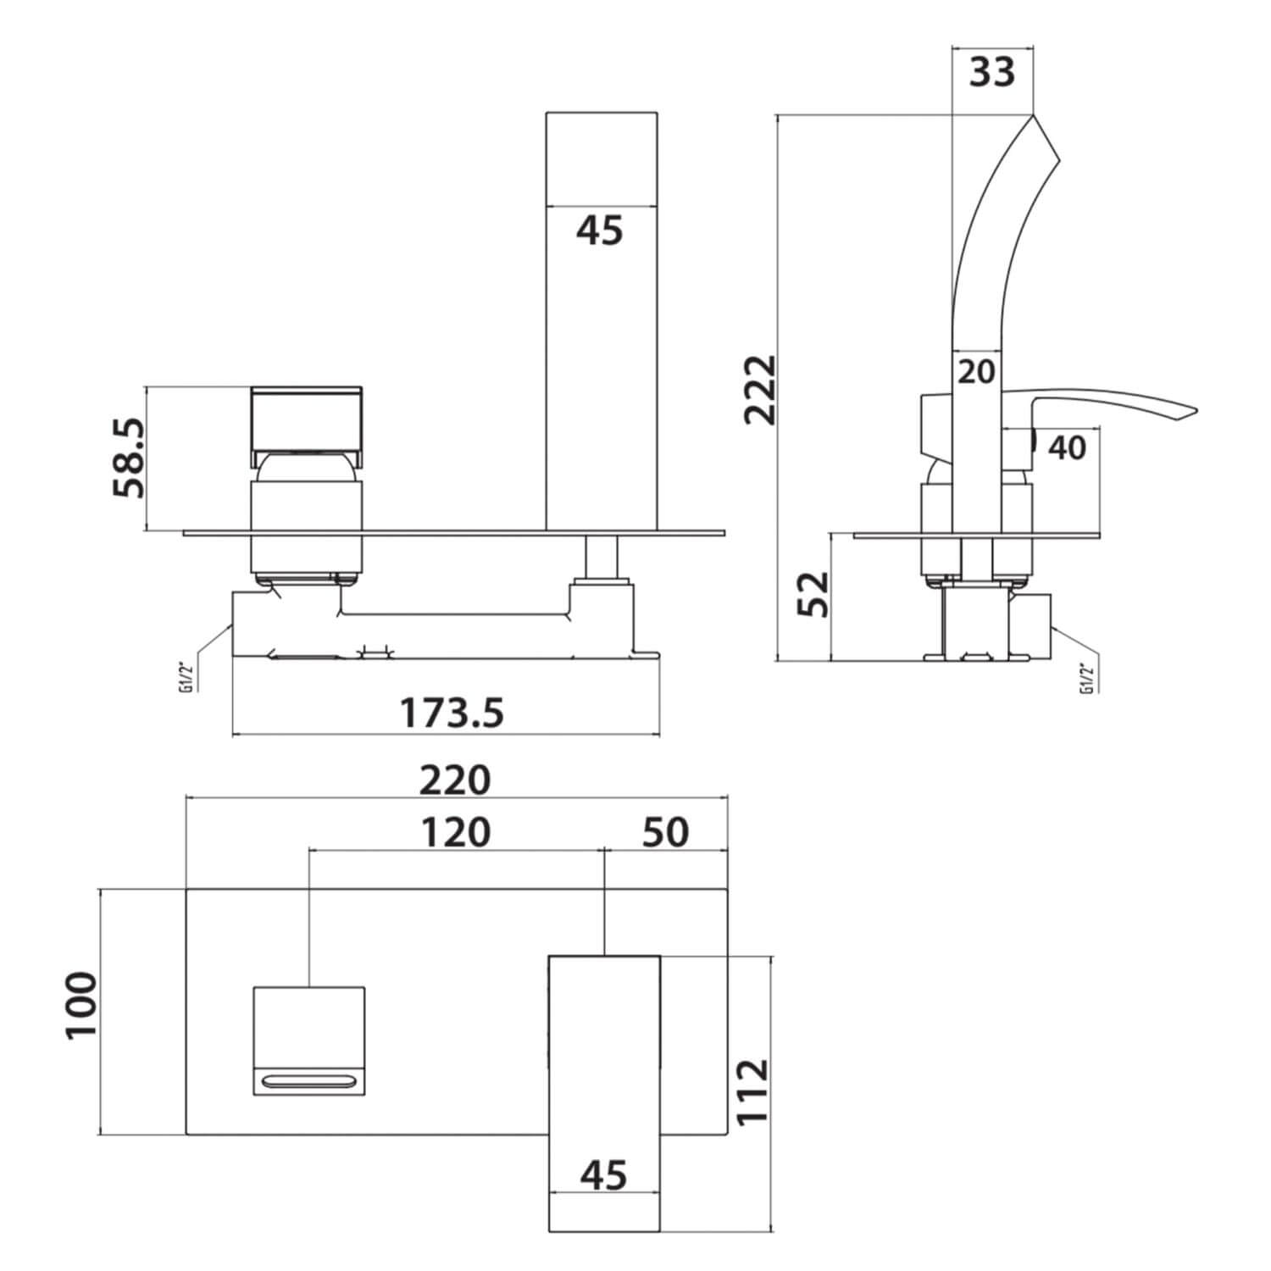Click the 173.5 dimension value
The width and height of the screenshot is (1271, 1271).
click(452, 712)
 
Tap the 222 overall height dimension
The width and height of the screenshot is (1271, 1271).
click(759, 389)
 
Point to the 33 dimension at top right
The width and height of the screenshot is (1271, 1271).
click(992, 73)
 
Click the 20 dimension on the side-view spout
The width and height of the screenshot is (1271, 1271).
click(976, 371)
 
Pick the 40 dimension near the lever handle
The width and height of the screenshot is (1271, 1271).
click(1067, 447)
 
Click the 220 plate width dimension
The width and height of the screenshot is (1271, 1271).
click(455, 780)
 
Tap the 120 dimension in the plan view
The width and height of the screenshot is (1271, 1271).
click(455, 832)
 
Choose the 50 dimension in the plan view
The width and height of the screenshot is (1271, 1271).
click(665, 832)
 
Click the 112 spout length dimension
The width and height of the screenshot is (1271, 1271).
click(752, 1091)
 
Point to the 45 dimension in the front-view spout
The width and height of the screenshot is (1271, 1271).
click(600, 230)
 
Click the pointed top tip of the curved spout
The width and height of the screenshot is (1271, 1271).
click(1034, 116)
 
